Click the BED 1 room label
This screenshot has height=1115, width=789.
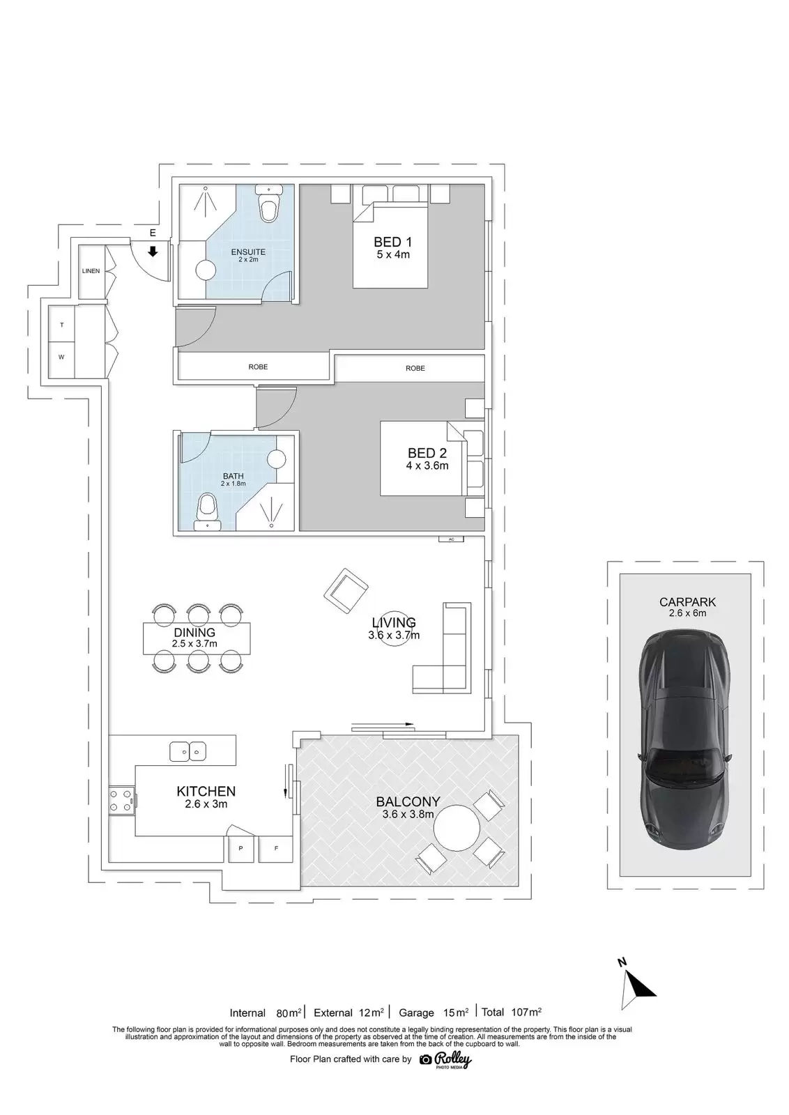point(393,243)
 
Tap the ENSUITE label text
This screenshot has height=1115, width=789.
point(248,252)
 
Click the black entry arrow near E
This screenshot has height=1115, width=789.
point(153,252)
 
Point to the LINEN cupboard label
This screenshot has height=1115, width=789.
point(91,271)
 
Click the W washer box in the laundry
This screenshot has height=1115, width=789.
point(61,357)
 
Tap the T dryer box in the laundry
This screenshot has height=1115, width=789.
point(62,325)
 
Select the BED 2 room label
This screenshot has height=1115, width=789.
point(427,453)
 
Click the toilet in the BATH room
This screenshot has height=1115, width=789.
point(208,511)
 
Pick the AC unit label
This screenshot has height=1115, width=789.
point(452,539)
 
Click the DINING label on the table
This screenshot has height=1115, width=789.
point(194,632)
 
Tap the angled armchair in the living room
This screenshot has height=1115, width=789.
point(346,592)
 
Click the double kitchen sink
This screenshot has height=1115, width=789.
point(188,751)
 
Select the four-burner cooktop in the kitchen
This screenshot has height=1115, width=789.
point(121,801)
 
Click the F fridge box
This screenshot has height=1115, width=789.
point(276,847)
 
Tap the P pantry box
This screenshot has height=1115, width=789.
point(241,848)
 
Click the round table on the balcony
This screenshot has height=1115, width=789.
point(457,829)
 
